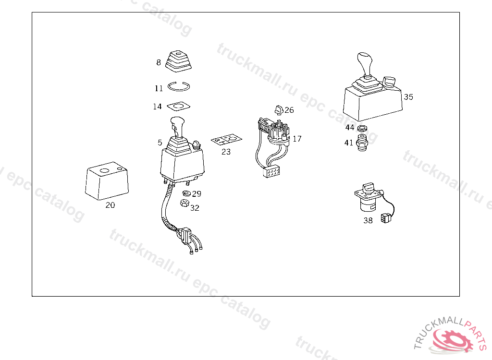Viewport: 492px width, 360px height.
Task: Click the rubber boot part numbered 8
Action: [x=178, y=61]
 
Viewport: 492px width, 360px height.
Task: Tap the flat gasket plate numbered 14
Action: [x=179, y=106]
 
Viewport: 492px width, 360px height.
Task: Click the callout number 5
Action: [x=160, y=143]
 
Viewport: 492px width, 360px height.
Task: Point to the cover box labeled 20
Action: [x=107, y=181]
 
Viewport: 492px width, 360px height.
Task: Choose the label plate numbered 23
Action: [x=227, y=140]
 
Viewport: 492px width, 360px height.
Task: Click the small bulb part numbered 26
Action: [x=279, y=110]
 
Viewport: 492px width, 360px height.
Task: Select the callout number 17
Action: [x=297, y=139]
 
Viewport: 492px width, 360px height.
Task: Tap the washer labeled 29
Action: [x=186, y=193]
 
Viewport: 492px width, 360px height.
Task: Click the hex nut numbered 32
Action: [x=184, y=203]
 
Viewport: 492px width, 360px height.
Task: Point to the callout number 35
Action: [x=408, y=97]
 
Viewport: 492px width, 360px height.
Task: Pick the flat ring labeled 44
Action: [x=362, y=128]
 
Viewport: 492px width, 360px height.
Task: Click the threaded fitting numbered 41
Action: [x=362, y=143]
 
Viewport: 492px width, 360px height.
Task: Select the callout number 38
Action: [x=368, y=220]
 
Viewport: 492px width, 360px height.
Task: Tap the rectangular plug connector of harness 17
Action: [x=271, y=171]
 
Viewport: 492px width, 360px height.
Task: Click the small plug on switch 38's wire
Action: [x=386, y=218]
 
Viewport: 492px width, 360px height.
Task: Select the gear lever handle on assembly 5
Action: [x=177, y=127]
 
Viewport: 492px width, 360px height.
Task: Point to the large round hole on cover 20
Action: [x=104, y=171]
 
